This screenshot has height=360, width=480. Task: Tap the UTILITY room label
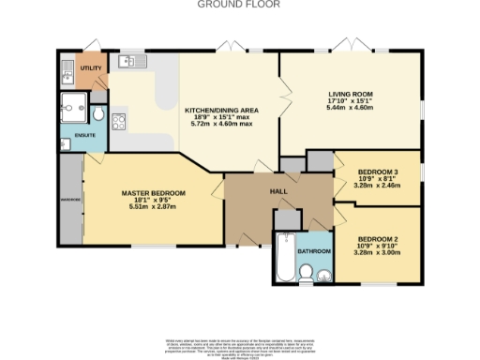pyautogui.click(x=91, y=68)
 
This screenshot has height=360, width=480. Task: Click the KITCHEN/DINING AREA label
pyautogui.click(x=220, y=109)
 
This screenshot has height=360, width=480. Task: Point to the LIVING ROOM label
pyautogui.click(x=350, y=94)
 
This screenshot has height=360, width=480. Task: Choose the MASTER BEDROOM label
pyautogui.click(x=153, y=193)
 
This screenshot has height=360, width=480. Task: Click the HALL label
pyautogui.click(x=278, y=191)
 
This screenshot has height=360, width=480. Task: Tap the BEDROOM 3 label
pyautogui.click(x=378, y=172)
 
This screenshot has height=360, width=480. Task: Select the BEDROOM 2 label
pyautogui.click(x=378, y=238)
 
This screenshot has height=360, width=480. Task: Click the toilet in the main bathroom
pyautogui.click(x=306, y=273)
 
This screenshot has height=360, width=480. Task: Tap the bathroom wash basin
pyautogui.click(x=323, y=275)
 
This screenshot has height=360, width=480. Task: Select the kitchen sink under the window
pyautogui.click(x=128, y=63)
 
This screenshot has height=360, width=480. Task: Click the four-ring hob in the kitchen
pyautogui.click(x=120, y=121)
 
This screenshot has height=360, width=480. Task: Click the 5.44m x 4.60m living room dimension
pyautogui.click(x=350, y=109)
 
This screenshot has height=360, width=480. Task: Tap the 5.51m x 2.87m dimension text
pyautogui.click(x=153, y=208)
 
